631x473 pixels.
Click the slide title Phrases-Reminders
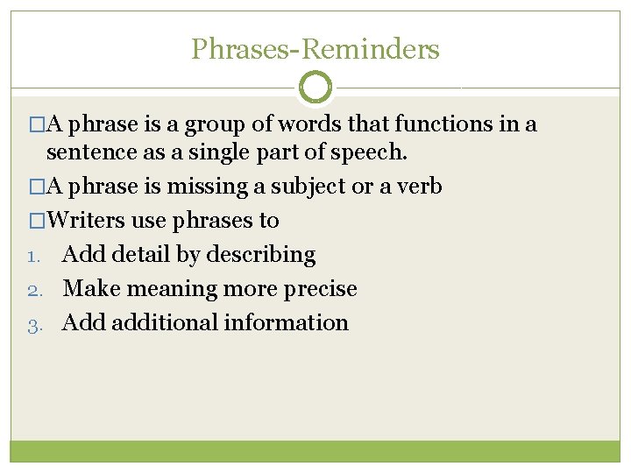pyautogui.click(x=315, y=49)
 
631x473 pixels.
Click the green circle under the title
pyautogui.click(x=315, y=88)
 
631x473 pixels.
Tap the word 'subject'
pyautogui.click(x=308, y=187)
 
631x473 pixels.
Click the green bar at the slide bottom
pyautogui.click(x=315, y=451)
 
